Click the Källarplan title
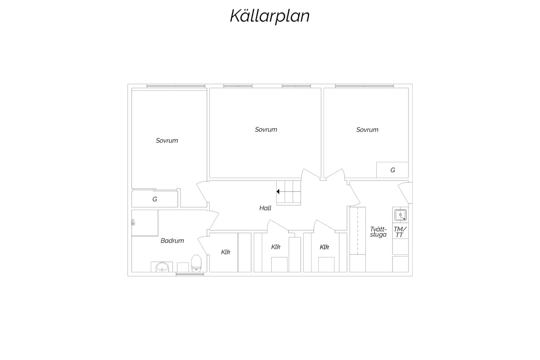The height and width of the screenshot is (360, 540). tap(270, 16)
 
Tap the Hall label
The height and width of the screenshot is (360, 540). tap(265, 208)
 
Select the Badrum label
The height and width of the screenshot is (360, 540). tap(172, 241)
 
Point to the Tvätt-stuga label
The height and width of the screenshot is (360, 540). tap(378, 232)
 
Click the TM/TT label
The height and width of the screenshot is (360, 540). tap(400, 232)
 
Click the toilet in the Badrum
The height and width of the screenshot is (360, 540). tap(196, 264)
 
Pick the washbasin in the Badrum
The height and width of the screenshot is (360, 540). tap(162, 267)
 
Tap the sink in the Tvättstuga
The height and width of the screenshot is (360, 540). tap(400, 215)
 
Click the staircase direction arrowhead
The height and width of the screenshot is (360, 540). tap(278, 192)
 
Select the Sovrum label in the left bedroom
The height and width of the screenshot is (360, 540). tap(167, 140)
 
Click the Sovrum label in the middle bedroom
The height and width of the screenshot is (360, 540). tap(266, 130)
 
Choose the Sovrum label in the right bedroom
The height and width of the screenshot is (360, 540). tap(367, 130)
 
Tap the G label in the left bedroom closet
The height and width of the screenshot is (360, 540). tap(155, 199)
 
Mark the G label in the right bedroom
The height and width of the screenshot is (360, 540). tap(393, 170)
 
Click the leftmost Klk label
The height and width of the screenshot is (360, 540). tap(225, 252)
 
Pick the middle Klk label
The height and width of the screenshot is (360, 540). tap(276, 247)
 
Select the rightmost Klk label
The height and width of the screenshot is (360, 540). tap(324, 247)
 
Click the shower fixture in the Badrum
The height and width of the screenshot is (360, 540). tap(133, 223)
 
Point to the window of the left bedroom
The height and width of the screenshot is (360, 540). tap(176, 86)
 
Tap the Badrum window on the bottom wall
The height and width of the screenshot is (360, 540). tap(190, 274)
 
